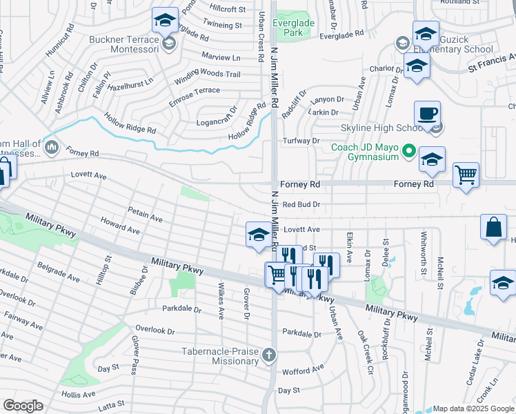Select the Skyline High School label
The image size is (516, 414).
pyautogui.click(x=381, y=128)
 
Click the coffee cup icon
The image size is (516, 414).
pyautogui.click(x=428, y=115)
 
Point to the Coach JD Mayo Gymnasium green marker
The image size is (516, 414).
pyautogui.click(x=408, y=148)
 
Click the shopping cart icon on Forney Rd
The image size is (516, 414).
pyautogui.click(x=466, y=175)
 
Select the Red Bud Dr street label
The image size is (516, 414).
pyautogui.click(x=302, y=205)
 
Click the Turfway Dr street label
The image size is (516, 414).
pyautogui.click(x=302, y=141)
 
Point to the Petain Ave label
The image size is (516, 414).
pyautogui.click(x=145, y=214)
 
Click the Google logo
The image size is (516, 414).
pyautogui.click(x=23, y=406)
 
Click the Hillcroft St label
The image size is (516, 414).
pyautogui.click(x=228, y=9)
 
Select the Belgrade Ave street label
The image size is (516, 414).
pyautogui.click(x=59, y=272)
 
